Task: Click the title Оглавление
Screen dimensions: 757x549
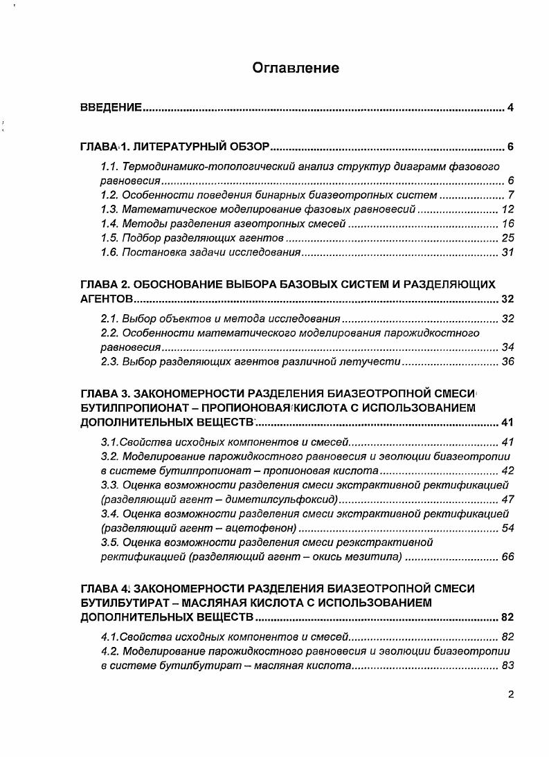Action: (x=296, y=68)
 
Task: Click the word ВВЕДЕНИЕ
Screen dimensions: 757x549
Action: (x=111, y=107)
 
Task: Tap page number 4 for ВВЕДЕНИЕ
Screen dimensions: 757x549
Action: (x=510, y=107)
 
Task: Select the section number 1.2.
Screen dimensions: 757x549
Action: (x=109, y=195)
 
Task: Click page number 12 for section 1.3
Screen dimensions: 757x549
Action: (x=507, y=210)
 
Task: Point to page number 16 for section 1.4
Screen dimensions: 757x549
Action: (x=507, y=224)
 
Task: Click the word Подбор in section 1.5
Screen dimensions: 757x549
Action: (x=141, y=239)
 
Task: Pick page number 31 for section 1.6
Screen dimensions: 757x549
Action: (x=507, y=253)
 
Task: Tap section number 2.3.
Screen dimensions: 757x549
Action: (x=109, y=362)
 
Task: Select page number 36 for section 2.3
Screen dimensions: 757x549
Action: (x=507, y=362)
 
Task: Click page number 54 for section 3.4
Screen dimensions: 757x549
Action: (x=507, y=529)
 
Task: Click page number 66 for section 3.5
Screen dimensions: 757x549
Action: (x=507, y=557)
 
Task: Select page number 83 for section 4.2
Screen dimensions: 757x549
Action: (x=507, y=666)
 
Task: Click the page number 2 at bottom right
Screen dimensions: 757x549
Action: (x=510, y=695)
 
